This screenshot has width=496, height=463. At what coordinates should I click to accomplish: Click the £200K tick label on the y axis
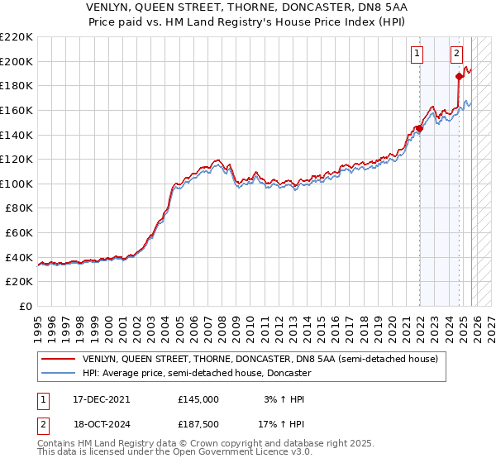(x=17, y=61)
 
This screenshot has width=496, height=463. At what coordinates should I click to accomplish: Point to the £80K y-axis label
(x=19, y=208)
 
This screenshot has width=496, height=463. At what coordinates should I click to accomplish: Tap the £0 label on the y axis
(x=26, y=307)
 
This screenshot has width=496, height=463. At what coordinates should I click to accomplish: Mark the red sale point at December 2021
(x=419, y=128)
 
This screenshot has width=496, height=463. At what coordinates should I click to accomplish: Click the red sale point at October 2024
(x=460, y=76)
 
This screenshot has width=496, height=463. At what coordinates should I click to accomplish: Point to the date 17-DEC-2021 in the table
(x=101, y=399)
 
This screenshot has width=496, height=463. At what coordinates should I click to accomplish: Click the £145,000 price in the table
(x=198, y=399)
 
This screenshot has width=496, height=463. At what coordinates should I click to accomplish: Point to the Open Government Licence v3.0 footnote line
(x=174, y=453)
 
